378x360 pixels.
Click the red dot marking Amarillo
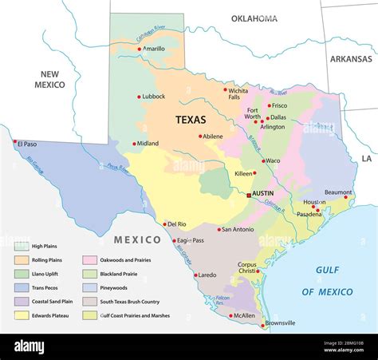(x=140, y=49)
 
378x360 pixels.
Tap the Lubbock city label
(x=153, y=97)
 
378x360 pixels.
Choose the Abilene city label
(x=213, y=136)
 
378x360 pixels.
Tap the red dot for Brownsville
(x=263, y=325)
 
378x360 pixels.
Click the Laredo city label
(x=207, y=275)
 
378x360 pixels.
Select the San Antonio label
(x=238, y=230)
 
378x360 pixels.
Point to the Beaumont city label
(x=338, y=192)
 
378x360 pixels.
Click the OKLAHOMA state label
(x=254, y=18)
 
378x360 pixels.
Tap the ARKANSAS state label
(x=351, y=59)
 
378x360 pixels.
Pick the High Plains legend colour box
(x=22, y=246)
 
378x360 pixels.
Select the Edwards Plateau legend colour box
(x=22, y=315)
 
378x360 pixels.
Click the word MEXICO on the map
(x=137, y=239)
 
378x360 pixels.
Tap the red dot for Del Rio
(x=165, y=224)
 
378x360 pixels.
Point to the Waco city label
(x=274, y=160)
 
